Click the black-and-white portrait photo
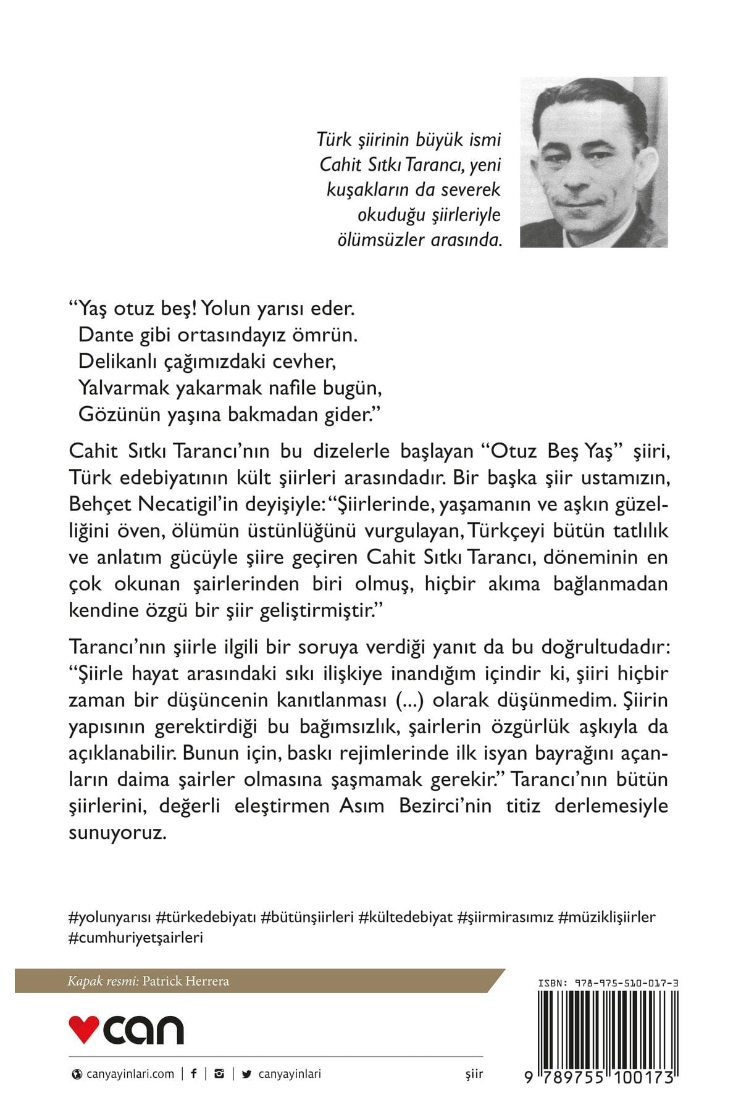[593, 162]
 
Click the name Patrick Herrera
[185, 981]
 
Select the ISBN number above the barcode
[609, 983]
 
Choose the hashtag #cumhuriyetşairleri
[135, 938]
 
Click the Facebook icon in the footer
[194, 1073]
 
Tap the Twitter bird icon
[247, 1074]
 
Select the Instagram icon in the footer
[219, 1073]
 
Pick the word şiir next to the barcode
[474, 1074]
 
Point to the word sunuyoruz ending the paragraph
[117, 833]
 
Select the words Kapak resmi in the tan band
[103, 981]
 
